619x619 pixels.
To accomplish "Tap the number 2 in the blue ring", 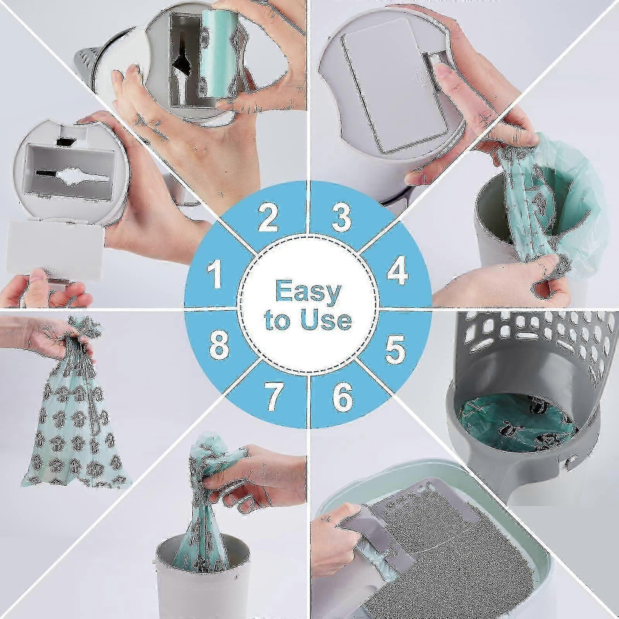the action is click(267, 217).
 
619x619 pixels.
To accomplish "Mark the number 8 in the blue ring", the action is click(219, 345).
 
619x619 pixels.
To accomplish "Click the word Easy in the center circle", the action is click(308, 292).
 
